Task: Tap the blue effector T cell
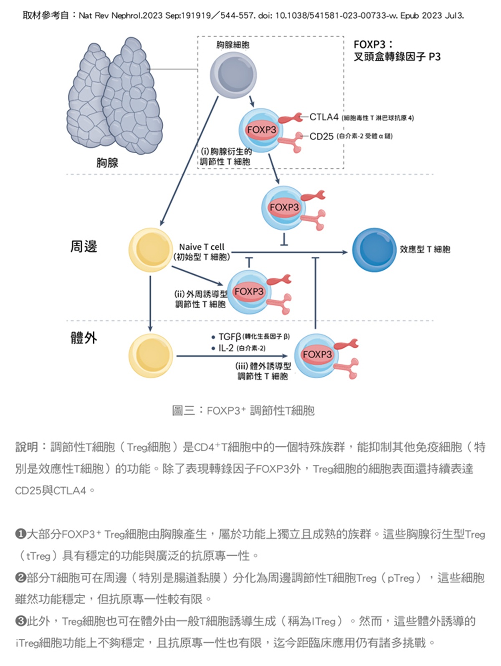[374, 249]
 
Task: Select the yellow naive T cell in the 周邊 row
[150, 250]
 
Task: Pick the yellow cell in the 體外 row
[150, 355]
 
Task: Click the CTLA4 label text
[324, 117]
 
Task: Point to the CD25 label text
[321, 136]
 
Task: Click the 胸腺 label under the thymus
[107, 163]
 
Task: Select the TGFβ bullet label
[230, 337]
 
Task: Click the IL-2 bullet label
[226, 348]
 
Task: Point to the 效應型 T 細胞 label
[425, 249]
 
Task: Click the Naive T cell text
[202, 247]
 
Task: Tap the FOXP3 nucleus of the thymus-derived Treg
[262, 130]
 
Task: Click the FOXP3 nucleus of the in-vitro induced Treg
[317, 355]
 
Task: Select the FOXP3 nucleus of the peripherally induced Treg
[249, 291]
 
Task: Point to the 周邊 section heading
[83, 246]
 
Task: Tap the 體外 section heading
[83, 337]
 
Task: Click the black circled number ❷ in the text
[20, 578]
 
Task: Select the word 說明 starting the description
[27, 447]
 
